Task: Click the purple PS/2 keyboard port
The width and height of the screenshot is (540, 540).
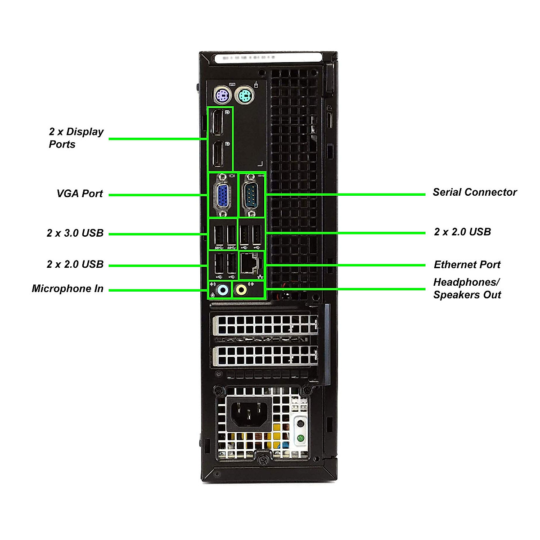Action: tap(221, 95)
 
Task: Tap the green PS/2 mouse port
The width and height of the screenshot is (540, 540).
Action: tap(244, 95)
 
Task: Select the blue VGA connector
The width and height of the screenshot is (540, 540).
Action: tap(222, 196)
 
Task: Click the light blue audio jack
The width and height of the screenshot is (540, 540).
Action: tap(222, 290)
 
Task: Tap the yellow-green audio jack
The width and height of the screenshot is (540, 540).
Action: tap(242, 290)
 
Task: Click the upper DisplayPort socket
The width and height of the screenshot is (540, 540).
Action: tap(218, 122)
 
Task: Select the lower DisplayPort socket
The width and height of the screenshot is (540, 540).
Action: tap(218, 154)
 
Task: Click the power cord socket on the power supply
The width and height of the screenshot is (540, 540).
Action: tap(249, 414)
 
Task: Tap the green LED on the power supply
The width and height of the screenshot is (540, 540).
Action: tap(301, 438)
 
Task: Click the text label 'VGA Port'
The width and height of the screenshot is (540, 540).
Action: tap(80, 193)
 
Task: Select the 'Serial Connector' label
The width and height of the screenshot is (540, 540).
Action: tap(475, 192)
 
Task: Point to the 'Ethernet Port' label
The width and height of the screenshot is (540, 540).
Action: tap(467, 265)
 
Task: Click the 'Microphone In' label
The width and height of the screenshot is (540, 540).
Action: tap(67, 289)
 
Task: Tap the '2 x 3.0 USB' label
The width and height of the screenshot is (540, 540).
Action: tap(75, 233)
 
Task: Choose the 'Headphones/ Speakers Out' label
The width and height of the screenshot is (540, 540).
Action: tap(467, 288)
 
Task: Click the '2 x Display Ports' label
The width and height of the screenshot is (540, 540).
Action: tap(76, 138)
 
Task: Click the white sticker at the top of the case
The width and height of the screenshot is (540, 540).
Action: tap(269, 58)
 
